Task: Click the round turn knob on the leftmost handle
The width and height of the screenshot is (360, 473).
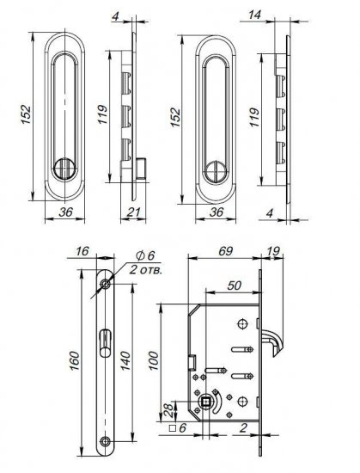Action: (65, 163)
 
